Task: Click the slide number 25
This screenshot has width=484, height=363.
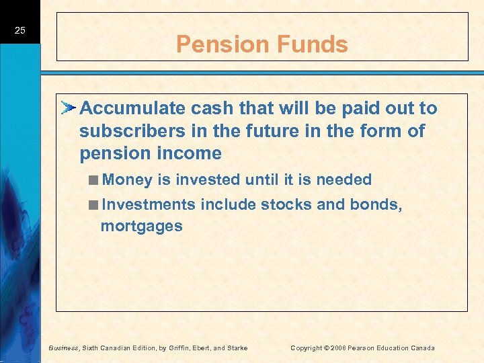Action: coord(19,30)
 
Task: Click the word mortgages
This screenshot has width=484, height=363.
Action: coord(141,226)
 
